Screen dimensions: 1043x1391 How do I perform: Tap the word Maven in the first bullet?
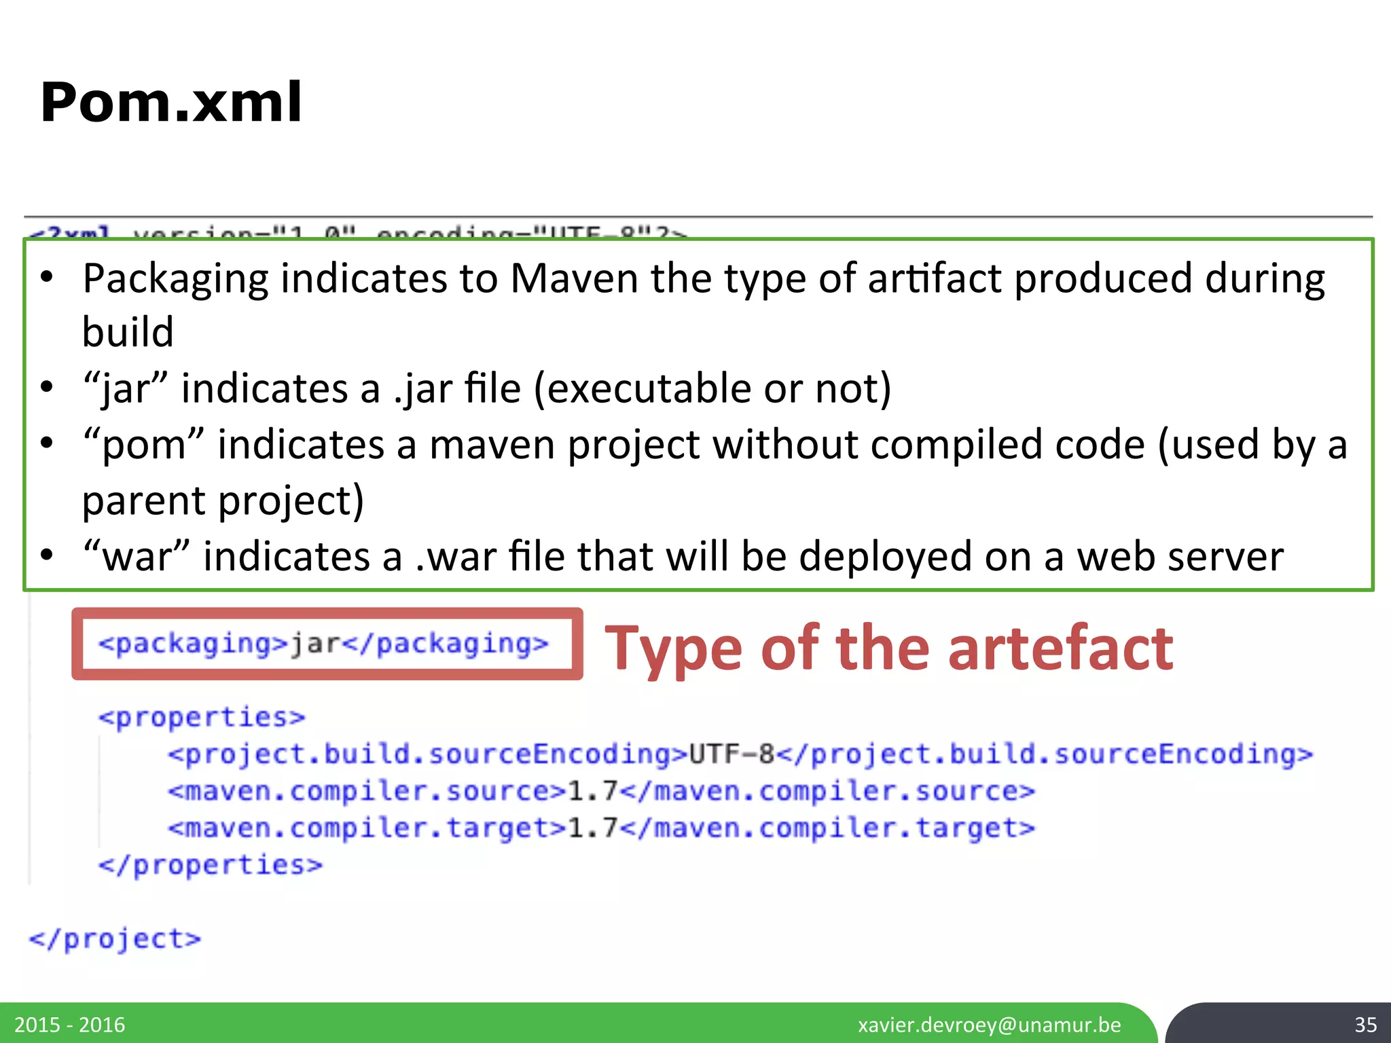[574, 278]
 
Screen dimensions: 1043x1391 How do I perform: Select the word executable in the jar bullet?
[648, 388]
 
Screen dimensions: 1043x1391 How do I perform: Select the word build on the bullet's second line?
[128, 333]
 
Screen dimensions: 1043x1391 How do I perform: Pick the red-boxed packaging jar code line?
[323, 644]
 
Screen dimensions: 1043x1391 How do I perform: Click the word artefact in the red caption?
[1060, 648]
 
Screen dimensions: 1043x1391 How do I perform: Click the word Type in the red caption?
[676, 648]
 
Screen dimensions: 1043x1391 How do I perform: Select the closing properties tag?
[210, 865]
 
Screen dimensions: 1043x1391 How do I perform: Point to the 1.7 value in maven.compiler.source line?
[592, 791]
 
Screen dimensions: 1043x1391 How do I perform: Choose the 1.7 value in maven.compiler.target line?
[592, 828]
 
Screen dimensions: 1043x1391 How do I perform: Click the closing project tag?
[115, 939]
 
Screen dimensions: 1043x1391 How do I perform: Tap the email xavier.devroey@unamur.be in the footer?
[989, 1025]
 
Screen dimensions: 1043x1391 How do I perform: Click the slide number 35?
[1365, 1025]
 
